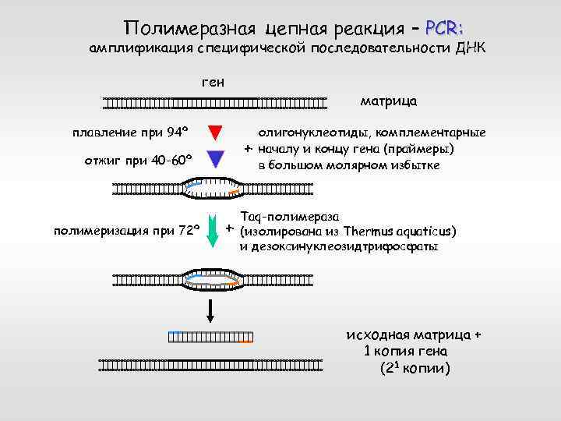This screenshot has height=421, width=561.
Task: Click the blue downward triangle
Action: click(x=217, y=159)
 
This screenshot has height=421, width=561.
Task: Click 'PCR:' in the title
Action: click(x=446, y=29)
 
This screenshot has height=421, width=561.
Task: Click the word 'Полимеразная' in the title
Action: click(x=192, y=30)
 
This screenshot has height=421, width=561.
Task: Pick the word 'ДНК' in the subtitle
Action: click(x=471, y=49)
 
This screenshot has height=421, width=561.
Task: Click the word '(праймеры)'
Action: click(x=424, y=149)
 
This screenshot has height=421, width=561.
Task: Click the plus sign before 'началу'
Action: click(x=247, y=148)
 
